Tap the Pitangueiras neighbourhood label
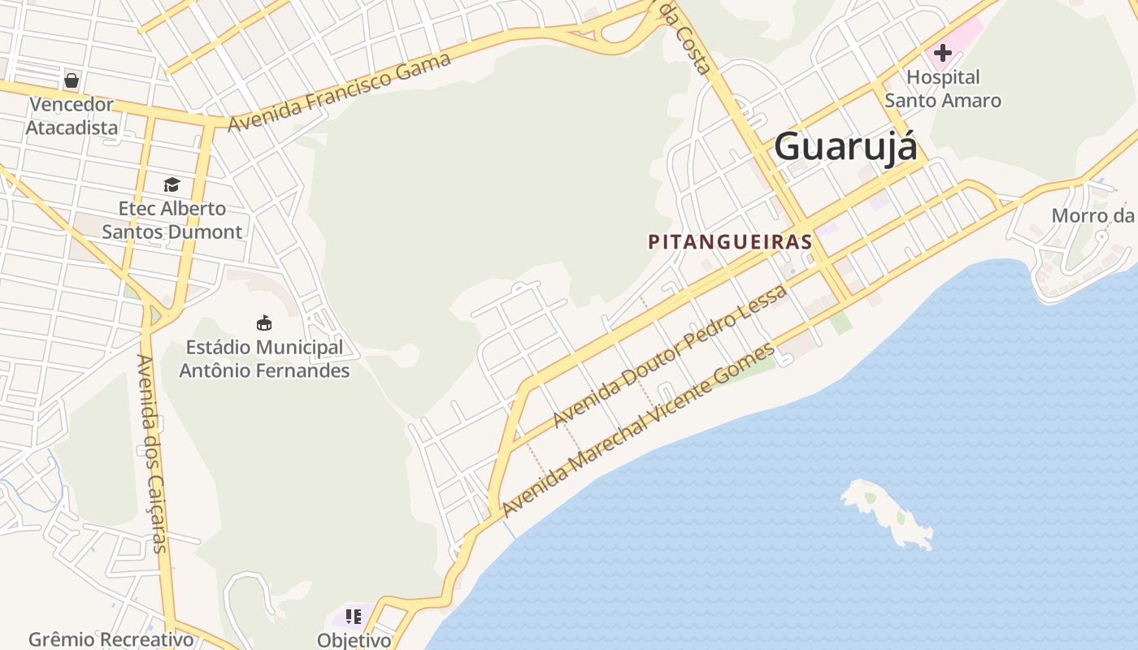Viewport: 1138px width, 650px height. [730, 241]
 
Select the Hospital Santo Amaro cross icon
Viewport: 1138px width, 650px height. [943, 54]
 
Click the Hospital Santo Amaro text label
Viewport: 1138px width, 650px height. [943, 89]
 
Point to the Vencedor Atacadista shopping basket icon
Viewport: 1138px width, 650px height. [72, 80]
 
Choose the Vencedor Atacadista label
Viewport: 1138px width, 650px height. [72, 116]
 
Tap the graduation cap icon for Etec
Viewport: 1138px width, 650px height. [172, 184]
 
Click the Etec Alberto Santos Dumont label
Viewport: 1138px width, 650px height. [172, 220]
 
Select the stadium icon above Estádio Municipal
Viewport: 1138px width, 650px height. [263, 323]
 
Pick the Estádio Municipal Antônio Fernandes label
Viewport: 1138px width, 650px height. [264, 359]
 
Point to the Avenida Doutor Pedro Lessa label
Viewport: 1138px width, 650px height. [670, 356]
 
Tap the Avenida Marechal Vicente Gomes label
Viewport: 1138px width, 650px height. [639, 431]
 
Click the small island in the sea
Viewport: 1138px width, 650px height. [886, 512]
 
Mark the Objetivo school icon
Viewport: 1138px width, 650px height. [354, 617]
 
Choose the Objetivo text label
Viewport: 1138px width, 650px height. [354, 640]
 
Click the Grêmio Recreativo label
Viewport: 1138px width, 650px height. [111, 639]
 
